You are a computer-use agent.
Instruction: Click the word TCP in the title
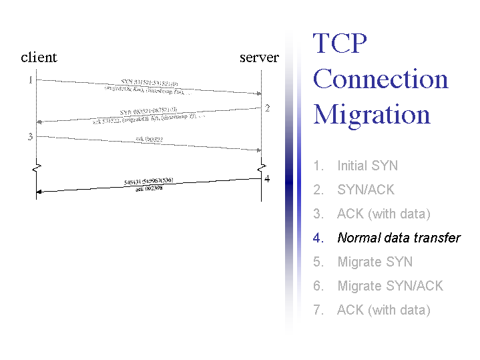coord(340,44)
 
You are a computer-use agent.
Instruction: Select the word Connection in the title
coord(381,79)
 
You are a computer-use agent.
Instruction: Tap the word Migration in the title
coord(372,114)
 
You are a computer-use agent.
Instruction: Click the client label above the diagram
coord(39,57)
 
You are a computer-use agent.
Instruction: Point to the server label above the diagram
coord(259,57)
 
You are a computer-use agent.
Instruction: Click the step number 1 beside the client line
coord(29,80)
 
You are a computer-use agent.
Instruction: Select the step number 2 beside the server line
coord(267,108)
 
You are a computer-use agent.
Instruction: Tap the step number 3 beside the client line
coord(29,137)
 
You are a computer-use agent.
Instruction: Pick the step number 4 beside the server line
coord(267,178)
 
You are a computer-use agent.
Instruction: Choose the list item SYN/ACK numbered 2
coord(366,190)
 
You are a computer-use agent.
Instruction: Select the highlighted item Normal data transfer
coord(399,238)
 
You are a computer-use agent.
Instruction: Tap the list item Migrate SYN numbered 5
coord(375,262)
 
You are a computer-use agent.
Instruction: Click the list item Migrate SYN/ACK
coord(390,286)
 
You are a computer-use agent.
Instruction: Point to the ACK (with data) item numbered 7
coord(383,310)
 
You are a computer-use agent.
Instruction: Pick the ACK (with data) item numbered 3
coord(383,214)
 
